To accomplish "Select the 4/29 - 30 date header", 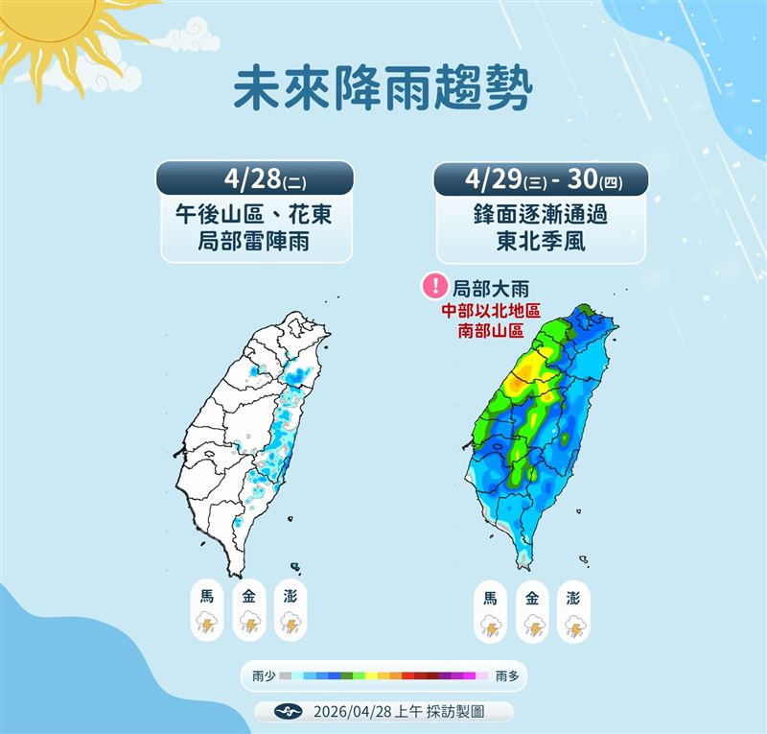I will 541,179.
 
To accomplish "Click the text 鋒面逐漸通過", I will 541,214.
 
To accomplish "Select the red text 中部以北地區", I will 492,312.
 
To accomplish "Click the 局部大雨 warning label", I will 490,287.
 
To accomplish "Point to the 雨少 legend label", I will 264,676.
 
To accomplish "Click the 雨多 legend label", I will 507,676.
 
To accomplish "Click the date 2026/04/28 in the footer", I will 351,712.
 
